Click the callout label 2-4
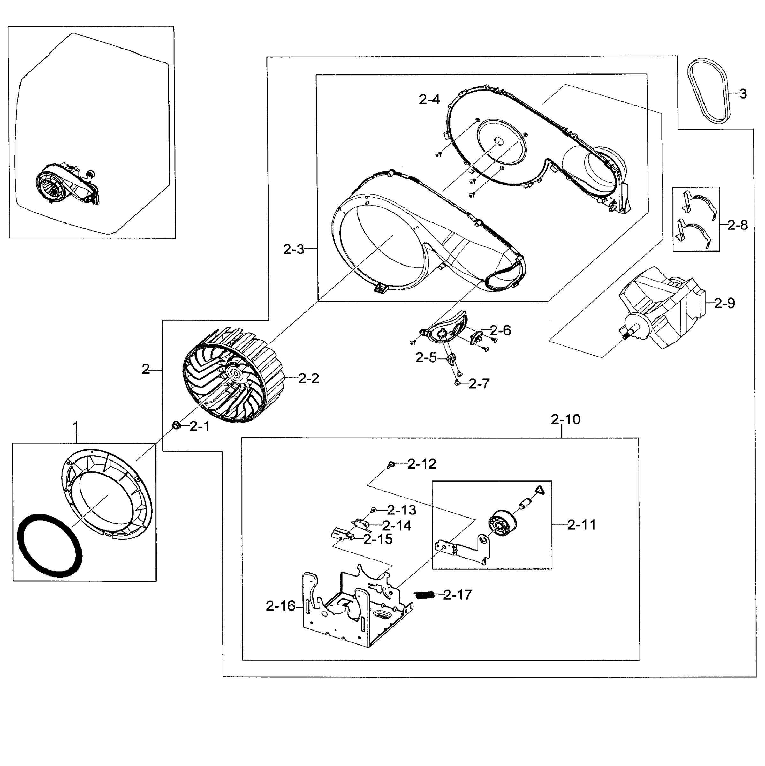click(x=429, y=100)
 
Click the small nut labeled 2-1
click(x=177, y=426)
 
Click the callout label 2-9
click(x=724, y=304)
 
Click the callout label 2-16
click(x=280, y=606)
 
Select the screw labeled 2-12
click(x=390, y=463)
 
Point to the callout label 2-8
click(x=737, y=225)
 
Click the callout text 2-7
click(x=479, y=383)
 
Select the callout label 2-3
click(x=293, y=249)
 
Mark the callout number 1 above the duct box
click(x=75, y=427)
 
